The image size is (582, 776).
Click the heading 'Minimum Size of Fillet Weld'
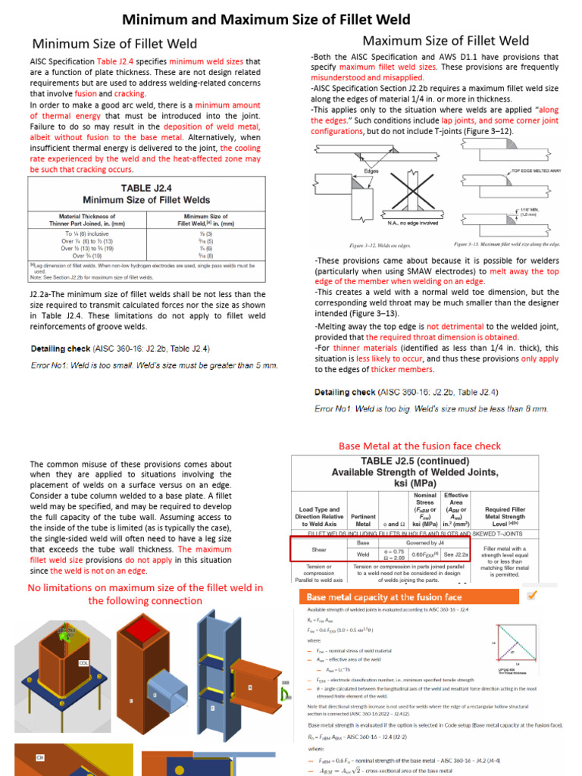(114, 44)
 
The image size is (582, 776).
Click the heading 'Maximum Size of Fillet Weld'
(446, 40)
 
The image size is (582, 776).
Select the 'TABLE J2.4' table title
(146, 188)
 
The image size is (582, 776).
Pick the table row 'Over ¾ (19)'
(89, 255)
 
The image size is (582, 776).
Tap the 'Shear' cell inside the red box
(319, 549)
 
